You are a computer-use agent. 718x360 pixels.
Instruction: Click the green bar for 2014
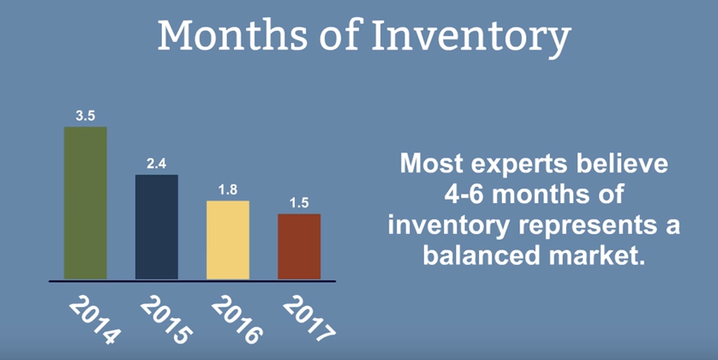tap(86, 203)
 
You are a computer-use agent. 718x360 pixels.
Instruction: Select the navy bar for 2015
tap(157, 227)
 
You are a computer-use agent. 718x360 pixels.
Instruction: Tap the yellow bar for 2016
tap(228, 240)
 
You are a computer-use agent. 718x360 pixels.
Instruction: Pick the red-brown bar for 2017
tap(299, 246)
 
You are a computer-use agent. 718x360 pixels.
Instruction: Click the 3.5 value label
tap(86, 116)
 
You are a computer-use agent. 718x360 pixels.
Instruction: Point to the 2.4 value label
tap(157, 164)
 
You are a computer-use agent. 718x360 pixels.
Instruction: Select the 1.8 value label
tap(228, 190)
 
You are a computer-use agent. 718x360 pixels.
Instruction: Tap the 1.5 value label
tap(299, 203)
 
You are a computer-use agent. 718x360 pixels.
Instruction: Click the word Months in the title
tap(232, 36)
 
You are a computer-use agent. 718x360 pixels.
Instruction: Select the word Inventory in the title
tap(471, 39)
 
